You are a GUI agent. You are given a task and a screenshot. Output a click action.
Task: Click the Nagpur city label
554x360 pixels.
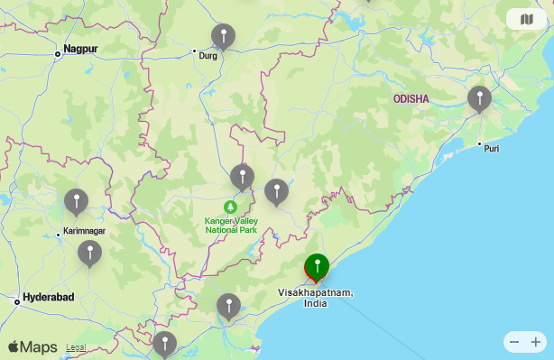[x=80, y=49]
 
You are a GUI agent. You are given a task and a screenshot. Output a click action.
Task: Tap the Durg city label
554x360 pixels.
[x=208, y=55]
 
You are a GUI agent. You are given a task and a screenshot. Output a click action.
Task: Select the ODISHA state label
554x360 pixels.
[x=411, y=98]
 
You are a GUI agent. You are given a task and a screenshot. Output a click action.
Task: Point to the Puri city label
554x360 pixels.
[x=491, y=148]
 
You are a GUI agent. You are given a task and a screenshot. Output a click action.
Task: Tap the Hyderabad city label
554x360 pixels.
[x=48, y=297]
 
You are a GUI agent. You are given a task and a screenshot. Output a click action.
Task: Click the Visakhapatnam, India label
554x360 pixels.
[x=315, y=298]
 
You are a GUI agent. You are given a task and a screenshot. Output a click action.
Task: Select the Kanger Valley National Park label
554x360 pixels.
[x=231, y=226]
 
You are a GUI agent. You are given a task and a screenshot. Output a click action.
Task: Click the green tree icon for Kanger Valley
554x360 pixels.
[x=230, y=208]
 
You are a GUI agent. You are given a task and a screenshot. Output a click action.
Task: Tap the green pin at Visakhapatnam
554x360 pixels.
[x=317, y=266]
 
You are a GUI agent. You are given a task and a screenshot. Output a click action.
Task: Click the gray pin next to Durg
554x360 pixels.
[x=223, y=36]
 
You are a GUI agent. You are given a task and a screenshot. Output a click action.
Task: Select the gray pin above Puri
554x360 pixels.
[x=479, y=97]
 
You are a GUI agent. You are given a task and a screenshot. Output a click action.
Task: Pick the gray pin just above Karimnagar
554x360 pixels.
[x=76, y=201]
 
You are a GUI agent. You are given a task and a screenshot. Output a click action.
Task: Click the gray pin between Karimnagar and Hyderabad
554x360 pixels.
[x=89, y=253]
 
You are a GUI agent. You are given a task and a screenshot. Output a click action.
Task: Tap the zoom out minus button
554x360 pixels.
[x=514, y=342]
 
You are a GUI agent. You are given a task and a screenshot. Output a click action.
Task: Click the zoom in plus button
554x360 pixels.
[x=536, y=342]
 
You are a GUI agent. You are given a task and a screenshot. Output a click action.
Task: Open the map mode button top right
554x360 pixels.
[x=526, y=19]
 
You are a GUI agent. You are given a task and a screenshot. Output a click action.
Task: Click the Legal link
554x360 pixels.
[x=76, y=347]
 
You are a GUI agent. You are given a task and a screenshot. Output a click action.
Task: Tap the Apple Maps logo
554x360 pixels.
[x=32, y=346]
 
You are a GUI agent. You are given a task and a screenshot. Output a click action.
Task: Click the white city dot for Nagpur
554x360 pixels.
[x=58, y=53]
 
